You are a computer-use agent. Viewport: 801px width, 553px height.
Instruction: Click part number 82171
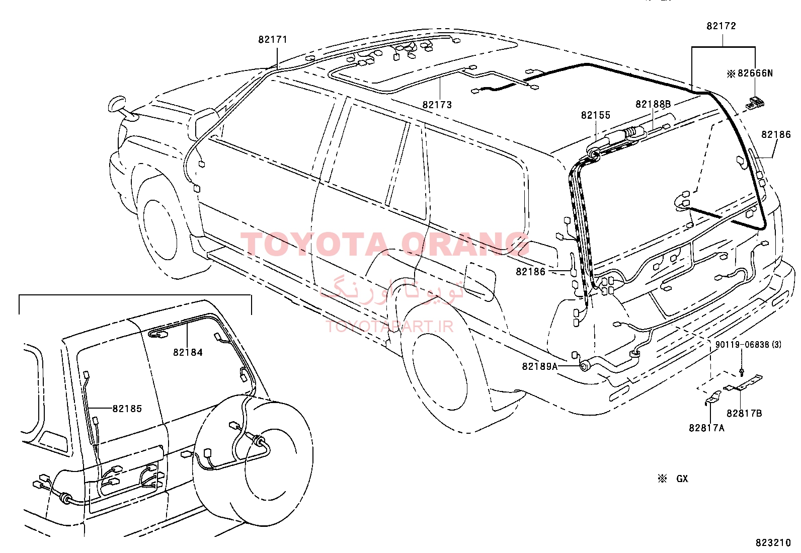coord(273,39)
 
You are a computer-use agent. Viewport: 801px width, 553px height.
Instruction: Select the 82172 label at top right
coord(722,26)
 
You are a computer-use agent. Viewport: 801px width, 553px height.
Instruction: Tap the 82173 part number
coord(437,105)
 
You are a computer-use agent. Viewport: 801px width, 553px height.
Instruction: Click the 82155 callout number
coord(596,115)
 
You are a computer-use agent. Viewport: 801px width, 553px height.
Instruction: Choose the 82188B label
coord(653,104)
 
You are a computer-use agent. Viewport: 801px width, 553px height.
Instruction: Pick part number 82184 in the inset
coord(188,352)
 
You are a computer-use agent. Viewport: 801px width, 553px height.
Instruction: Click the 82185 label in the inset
coord(127,409)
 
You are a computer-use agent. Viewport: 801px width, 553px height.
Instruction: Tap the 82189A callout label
coord(539,366)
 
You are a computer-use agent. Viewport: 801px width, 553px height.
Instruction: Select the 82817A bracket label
coord(706,428)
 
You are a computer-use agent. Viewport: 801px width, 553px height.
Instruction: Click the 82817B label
coord(744,413)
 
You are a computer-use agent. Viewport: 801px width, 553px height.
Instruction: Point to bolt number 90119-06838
coord(742,345)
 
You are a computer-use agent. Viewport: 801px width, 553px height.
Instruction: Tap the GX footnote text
coord(682,479)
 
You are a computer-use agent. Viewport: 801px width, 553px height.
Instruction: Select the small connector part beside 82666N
coord(755,103)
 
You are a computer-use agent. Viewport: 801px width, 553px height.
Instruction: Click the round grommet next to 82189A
coord(584,366)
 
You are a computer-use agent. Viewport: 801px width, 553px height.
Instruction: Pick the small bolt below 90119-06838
coord(741,372)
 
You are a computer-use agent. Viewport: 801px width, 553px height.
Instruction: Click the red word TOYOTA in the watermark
coord(313,244)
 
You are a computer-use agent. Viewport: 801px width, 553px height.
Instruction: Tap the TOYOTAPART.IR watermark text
coord(389,326)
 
